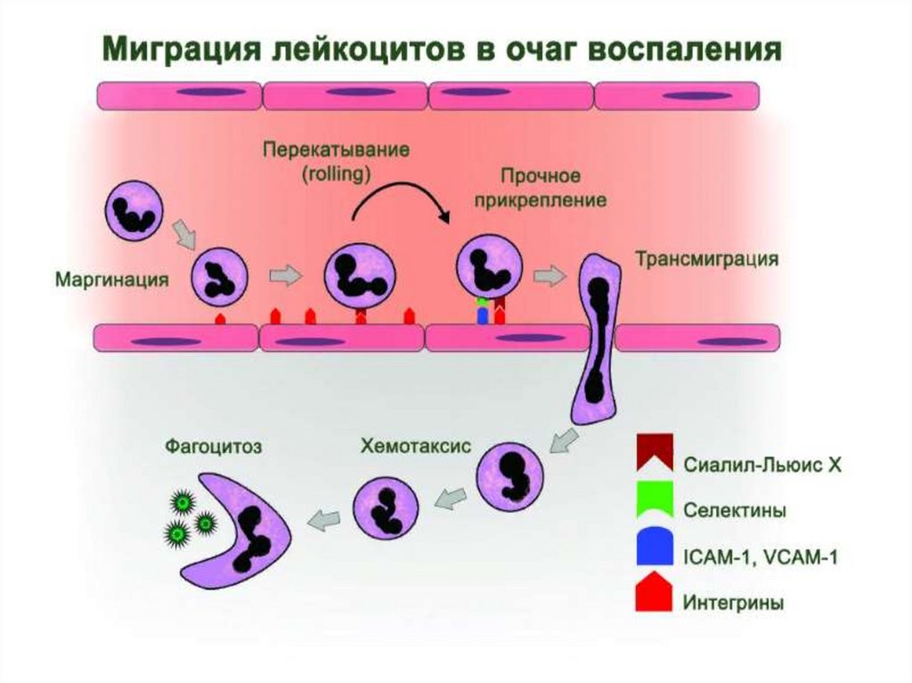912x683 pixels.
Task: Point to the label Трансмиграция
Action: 706,259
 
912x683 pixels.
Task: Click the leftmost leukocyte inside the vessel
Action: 134,210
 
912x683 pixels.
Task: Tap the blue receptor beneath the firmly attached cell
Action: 482,316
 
